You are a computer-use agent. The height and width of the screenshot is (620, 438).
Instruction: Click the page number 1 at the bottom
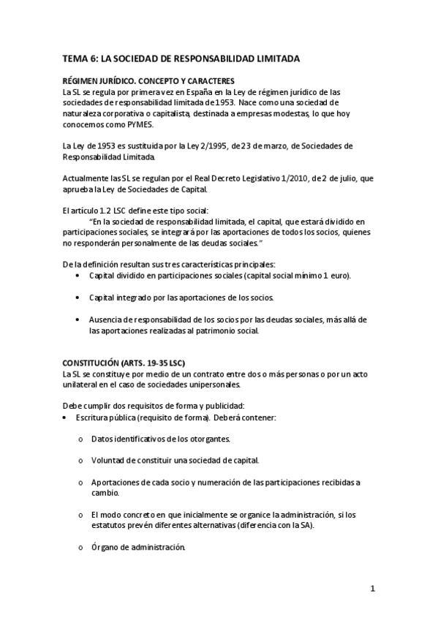pos(372,589)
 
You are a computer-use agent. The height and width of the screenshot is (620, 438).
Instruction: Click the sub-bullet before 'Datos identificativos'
pos(80,439)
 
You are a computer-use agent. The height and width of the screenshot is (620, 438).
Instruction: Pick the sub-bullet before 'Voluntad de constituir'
pos(80,461)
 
